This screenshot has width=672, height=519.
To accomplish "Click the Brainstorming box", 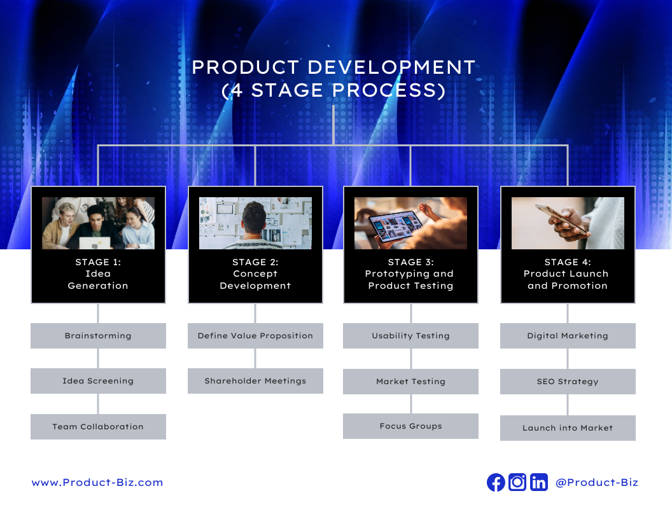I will [x=98, y=336].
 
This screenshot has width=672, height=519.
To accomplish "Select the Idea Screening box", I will [x=98, y=381].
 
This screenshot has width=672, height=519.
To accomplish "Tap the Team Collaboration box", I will [x=98, y=427].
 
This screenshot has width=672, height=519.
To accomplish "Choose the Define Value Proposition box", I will [x=255, y=336].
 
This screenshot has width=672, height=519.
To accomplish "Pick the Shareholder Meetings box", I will [x=255, y=381].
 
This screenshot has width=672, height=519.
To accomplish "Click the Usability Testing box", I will [x=410, y=336].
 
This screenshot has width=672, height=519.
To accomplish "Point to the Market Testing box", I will [x=410, y=382].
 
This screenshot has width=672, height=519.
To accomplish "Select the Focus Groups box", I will [x=410, y=426].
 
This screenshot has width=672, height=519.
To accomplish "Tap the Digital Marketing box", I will [x=568, y=336].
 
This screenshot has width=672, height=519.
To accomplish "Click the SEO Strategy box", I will [x=568, y=382].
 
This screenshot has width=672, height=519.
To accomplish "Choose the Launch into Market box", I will [x=568, y=428].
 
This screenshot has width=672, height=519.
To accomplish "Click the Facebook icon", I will [x=496, y=483].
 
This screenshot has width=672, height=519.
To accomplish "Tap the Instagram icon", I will [x=517, y=483].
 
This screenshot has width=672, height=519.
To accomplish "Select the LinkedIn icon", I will [x=539, y=483].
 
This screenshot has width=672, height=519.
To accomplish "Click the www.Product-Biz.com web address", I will [x=97, y=483].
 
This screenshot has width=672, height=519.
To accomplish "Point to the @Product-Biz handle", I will [x=596, y=483].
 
